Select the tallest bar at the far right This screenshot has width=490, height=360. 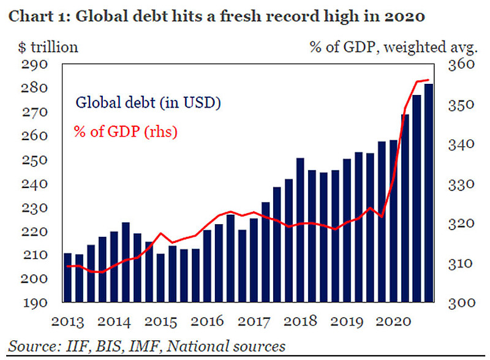pyautogui.click(x=429, y=193)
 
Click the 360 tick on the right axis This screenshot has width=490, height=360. pyautogui.click(x=455, y=65)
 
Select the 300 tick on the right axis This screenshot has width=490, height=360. pyautogui.click(x=455, y=303)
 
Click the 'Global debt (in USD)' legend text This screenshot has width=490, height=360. pyautogui.click(x=148, y=103)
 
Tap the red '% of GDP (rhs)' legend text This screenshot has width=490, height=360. pyautogui.click(x=126, y=131)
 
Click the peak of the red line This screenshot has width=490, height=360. pyautogui.click(x=428, y=80)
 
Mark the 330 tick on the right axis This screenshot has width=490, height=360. pyautogui.click(x=455, y=184)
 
